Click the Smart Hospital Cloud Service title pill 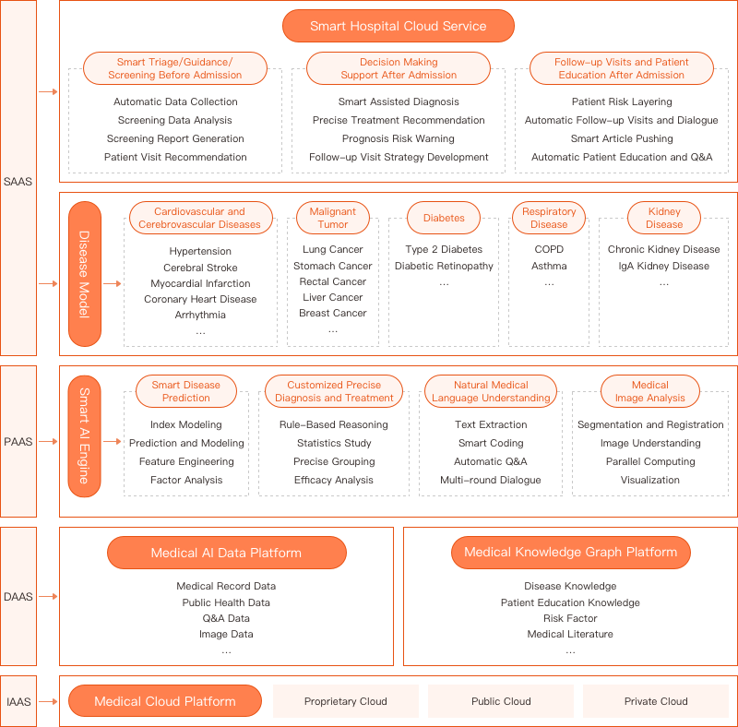[x=399, y=26]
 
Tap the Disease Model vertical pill [x=85, y=274]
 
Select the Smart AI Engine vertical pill [x=85, y=436]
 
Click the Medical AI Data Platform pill [x=226, y=553]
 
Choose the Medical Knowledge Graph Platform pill [x=570, y=553]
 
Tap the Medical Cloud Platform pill [x=165, y=701]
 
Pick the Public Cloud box [x=501, y=701]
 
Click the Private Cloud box [x=656, y=701]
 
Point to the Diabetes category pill [x=444, y=218]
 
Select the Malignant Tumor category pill [x=333, y=218]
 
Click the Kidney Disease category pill [x=664, y=218]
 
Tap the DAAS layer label [x=18, y=597]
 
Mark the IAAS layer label [x=18, y=701]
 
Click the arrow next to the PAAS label [x=48, y=441]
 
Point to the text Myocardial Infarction [x=200, y=283]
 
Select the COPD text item [x=549, y=249]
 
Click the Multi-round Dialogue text [x=491, y=480]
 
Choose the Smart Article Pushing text [x=622, y=138]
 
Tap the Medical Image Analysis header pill [x=650, y=391]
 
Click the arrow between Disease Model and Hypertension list [x=112, y=283]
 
